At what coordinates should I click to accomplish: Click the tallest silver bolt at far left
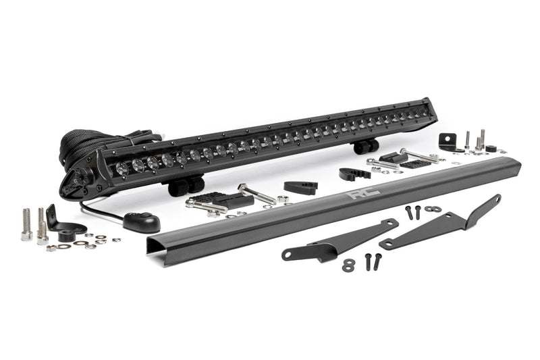pyautogui.click(x=26, y=224)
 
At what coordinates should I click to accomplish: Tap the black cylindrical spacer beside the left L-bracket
pyautogui.click(x=66, y=236)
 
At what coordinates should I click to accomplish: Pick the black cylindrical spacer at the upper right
pyautogui.click(x=491, y=149)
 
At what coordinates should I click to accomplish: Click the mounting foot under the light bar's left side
pyautogui.click(x=186, y=185)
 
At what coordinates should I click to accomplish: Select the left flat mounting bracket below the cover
pyautogui.click(x=337, y=240)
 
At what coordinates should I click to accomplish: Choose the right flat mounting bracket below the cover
pyautogui.click(x=442, y=223)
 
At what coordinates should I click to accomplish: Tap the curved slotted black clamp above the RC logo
pyautogui.click(x=354, y=173)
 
